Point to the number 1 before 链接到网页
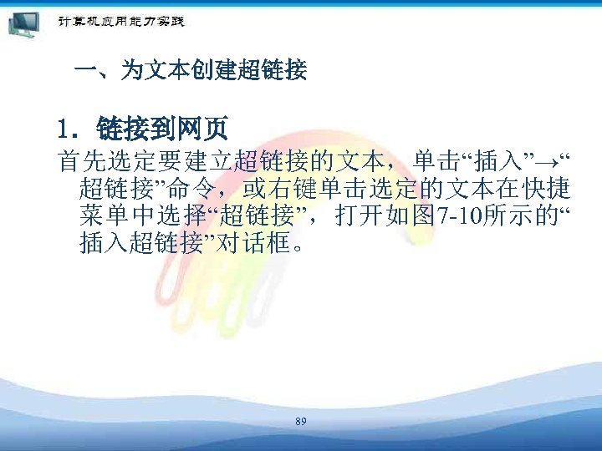click(64, 129)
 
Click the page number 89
click(301, 423)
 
